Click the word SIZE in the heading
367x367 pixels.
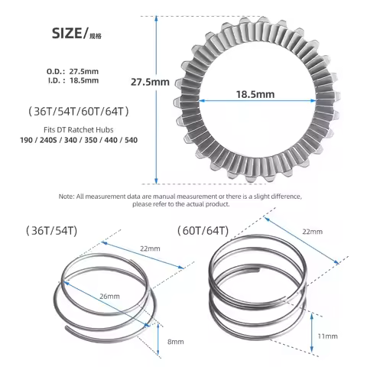pos(67,33)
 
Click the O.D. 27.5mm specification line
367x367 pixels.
pos(73,70)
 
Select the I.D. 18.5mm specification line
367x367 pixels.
pos(73,80)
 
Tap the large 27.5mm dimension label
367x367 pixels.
pos(149,82)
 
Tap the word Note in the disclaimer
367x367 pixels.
pos(67,196)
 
